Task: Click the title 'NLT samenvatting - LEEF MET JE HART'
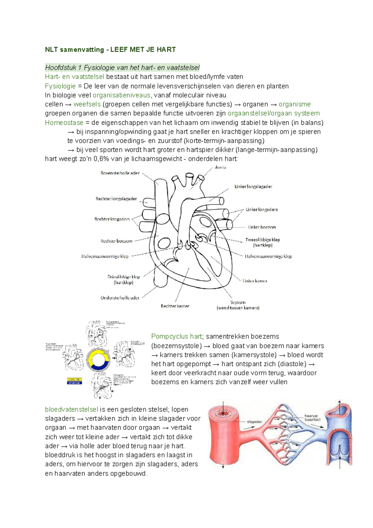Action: [110, 50]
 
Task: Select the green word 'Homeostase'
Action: [64, 123]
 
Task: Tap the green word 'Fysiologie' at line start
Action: [60, 86]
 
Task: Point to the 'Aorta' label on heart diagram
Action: [220, 167]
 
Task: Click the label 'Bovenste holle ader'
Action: [120, 173]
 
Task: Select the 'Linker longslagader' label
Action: [253, 187]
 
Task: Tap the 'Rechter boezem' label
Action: [116, 241]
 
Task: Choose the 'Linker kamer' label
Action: [255, 281]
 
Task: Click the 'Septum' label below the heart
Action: [238, 302]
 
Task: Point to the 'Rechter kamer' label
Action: [175, 306]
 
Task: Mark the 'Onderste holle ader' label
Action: [120, 298]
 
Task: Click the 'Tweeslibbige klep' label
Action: [262, 240]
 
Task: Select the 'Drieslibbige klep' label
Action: [124, 277]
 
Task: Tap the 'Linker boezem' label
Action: [262, 227]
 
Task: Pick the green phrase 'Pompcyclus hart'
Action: [177, 337]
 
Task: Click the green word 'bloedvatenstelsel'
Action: [71, 409]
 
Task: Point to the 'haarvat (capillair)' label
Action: [312, 418]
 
